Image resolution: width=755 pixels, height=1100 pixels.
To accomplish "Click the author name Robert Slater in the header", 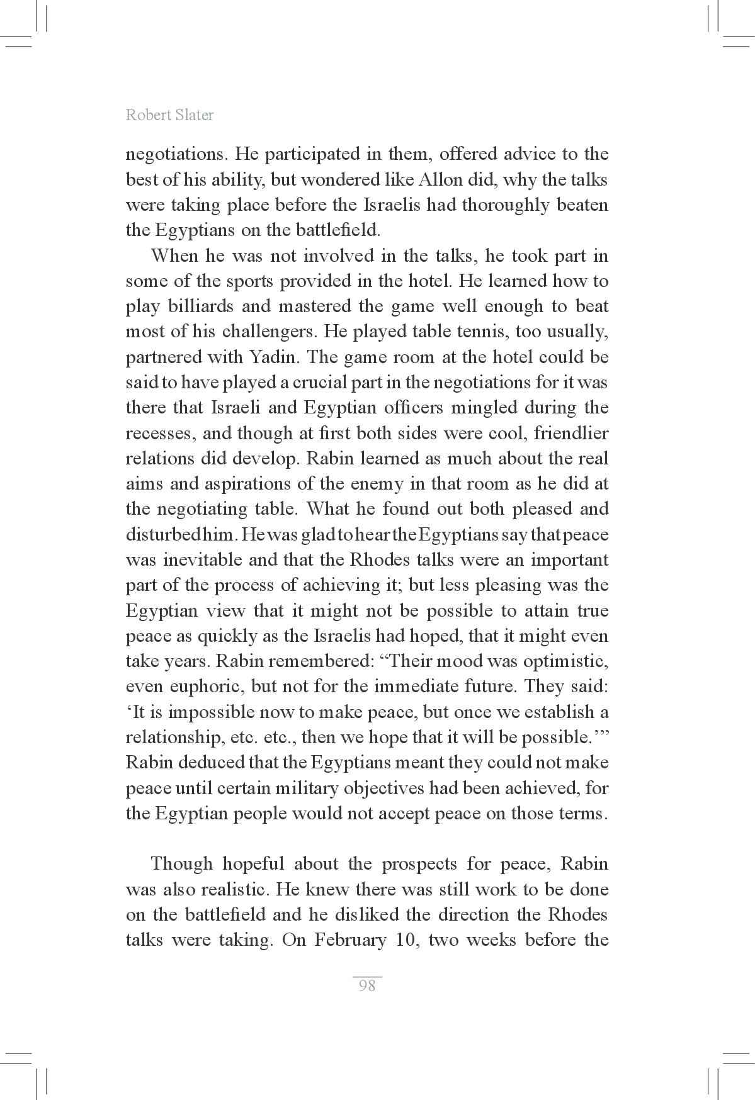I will tap(169, 115).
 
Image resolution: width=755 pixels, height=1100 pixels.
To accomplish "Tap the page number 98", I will tap(366, 985).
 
